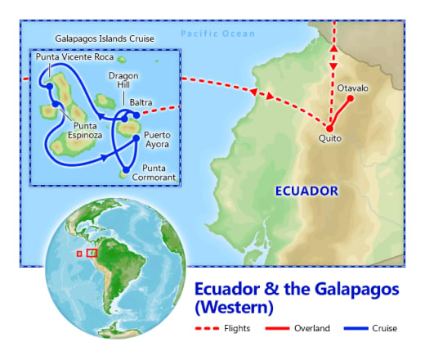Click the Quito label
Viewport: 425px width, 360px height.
point(330,139)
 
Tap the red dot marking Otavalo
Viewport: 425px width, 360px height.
point(351,99)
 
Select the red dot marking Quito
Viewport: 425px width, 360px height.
point(329,128)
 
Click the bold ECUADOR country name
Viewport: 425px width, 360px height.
point(306,191)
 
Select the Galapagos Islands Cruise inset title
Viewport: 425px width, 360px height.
point(105,38)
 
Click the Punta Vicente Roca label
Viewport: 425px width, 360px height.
point(74,58)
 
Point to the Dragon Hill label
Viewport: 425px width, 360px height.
point(123,81)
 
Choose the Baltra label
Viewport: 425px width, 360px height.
point(141,102)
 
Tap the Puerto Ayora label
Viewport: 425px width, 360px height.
point(156,139)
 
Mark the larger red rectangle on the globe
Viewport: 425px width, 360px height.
point(92,253)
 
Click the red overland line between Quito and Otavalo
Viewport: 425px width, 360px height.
point(340,114)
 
